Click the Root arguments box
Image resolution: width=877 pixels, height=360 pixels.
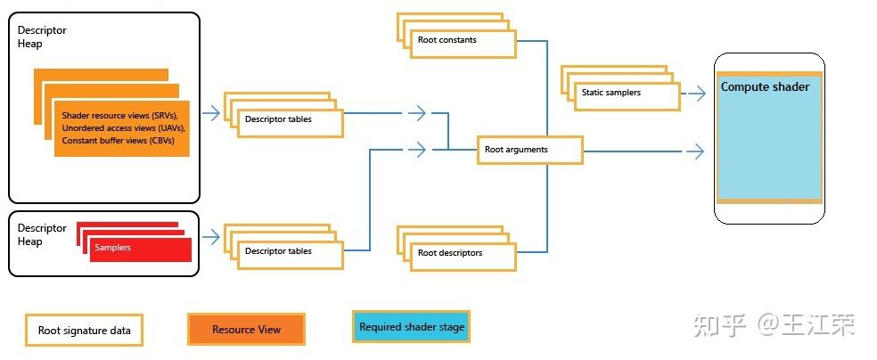pyautogui.click(x=529, y=151)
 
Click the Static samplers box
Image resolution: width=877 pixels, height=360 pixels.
pyautogui.click(x=627, y=93)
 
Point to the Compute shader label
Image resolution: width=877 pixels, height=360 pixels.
pyautogui.click(x=765, y=87)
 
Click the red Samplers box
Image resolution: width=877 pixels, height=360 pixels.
pyautogui.click(x=139, y=248)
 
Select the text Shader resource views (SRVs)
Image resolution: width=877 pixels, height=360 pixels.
pyautogui.click(x=119, y=116)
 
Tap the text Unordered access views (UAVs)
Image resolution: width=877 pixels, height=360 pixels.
pyautogui.click(x=122, y=128)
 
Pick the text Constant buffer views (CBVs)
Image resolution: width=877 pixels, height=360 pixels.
pyautogui.click(x=118, y=141)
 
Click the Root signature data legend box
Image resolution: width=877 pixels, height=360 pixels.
pyautogui.click(x=85, y=331)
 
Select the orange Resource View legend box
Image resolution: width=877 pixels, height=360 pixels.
pyautogui.click(x=246, y=330)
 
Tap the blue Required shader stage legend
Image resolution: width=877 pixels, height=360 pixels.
pyautogui.click(x=412, y=327)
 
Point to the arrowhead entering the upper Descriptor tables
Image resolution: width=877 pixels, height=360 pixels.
pyautogui.click(x=211, y=113)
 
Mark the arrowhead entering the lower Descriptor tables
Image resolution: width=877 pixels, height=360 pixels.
pyautogui.click(x=211, y=237)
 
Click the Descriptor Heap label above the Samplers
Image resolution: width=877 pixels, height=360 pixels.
pyautogui.click(x=42, y=234)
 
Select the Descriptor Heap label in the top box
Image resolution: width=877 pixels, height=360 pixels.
pyautogui.click(x=42, y=37)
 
